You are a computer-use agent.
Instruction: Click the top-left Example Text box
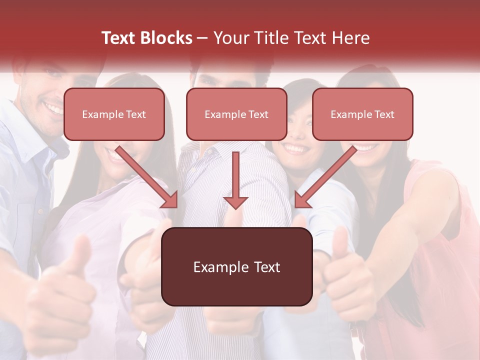pos(114,114)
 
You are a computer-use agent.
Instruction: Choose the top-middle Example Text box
pos(236,114)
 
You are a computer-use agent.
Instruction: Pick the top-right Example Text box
pos(362,114)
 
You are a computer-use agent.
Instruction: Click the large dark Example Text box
pos(236,266)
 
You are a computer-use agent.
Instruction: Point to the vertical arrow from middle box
pos(235,180)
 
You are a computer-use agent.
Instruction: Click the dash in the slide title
pos(202,38)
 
